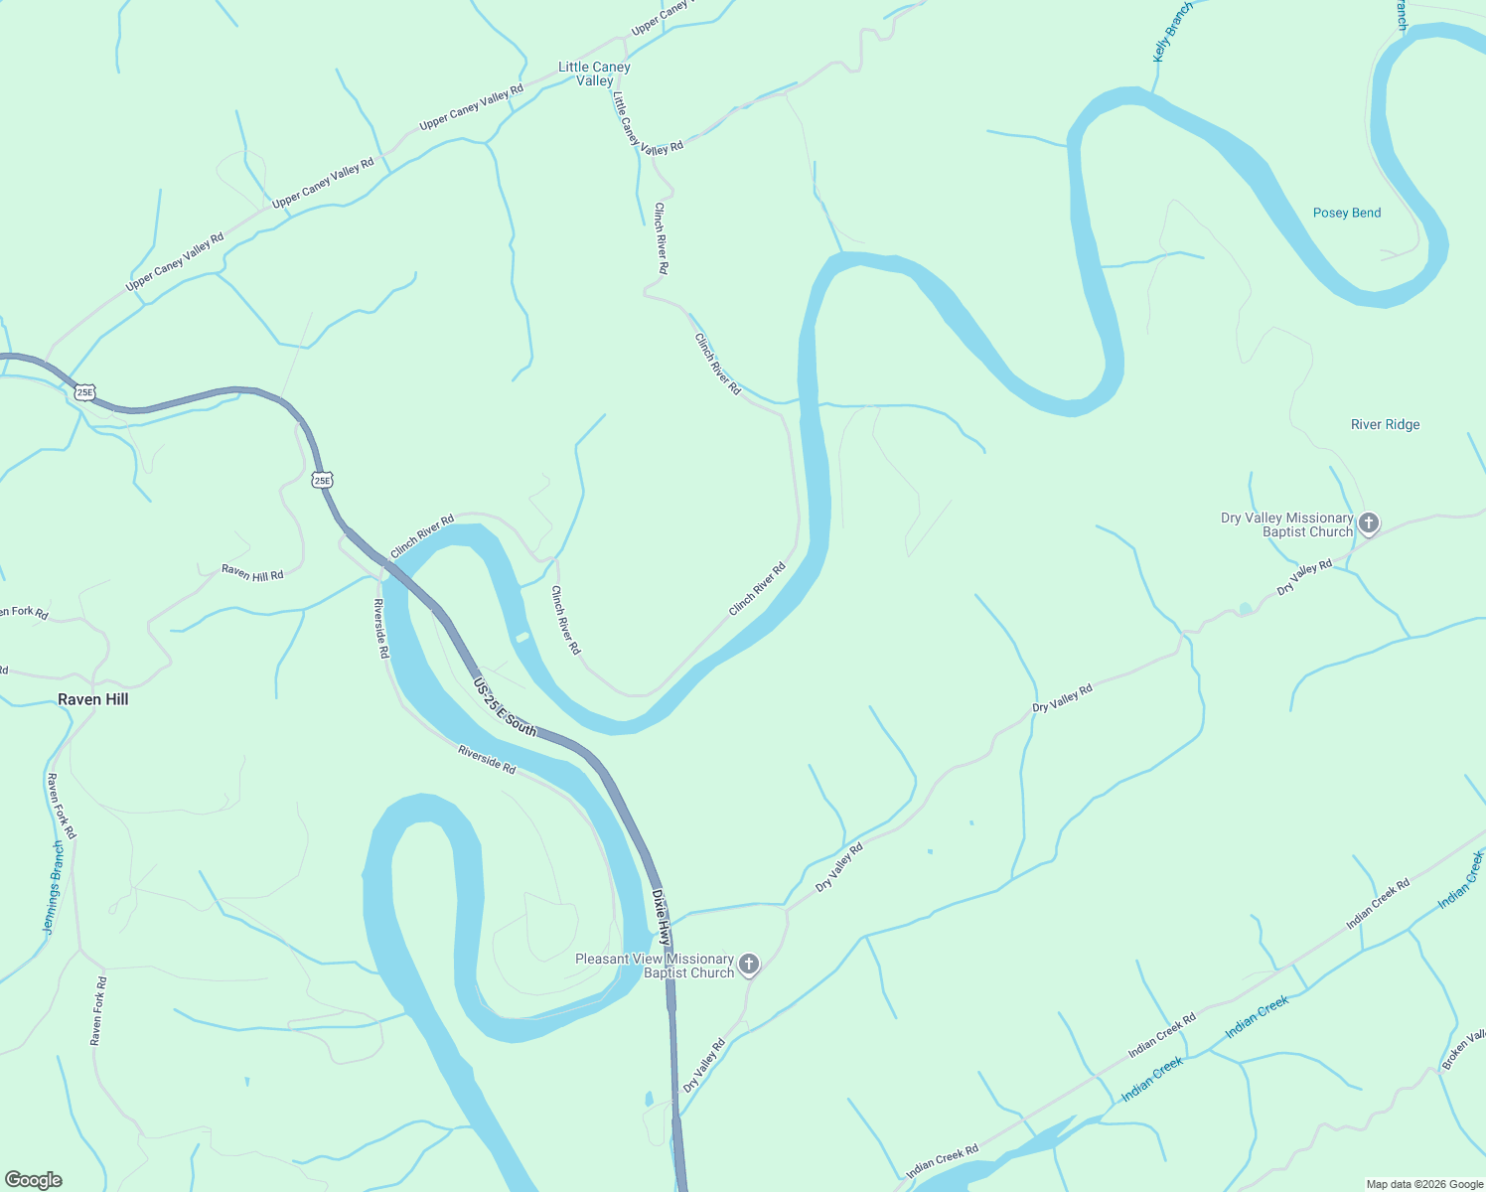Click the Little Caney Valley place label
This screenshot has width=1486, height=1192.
pyautogui.click(x=594, y=74)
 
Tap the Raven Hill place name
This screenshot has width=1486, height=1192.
pyautogui.click(x=93, y=699)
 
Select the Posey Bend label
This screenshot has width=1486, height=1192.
pyautogui.click(x=1347, y=213)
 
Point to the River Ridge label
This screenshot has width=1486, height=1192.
pyautogui.click(x=1385, y=424)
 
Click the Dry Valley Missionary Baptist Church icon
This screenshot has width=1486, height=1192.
pyautogui.click(x=1369, y=523)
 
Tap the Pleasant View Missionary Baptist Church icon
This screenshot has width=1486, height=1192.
pyautogui.click(x=749, y=965)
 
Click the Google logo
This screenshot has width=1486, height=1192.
pyautogui.click(x=33, y=1180)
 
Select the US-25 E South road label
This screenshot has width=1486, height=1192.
pyautogui.click(x=505, y=708)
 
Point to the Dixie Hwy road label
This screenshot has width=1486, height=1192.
pyautogui.click(x=662, y=917)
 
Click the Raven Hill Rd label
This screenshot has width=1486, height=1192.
pyautogui.click(x=252, y=572)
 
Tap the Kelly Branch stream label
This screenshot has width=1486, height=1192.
pyautogui.click(x=1172, y=33)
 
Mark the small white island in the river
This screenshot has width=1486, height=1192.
pyautogui.click(x=522, y=637)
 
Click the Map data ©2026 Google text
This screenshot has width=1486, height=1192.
pyautogui.click(x=1424, y=1184)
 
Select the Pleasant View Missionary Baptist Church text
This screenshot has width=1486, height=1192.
pyautogui.click(x=655, y=966)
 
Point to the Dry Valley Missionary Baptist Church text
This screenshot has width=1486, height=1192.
pyautogui.click(x=1286, y=524)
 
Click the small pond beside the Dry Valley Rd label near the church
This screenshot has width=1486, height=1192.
pyautogui.click(x=1246, y=609)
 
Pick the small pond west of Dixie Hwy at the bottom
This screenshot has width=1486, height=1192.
pyautogui.click(x=649, y=1099)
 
